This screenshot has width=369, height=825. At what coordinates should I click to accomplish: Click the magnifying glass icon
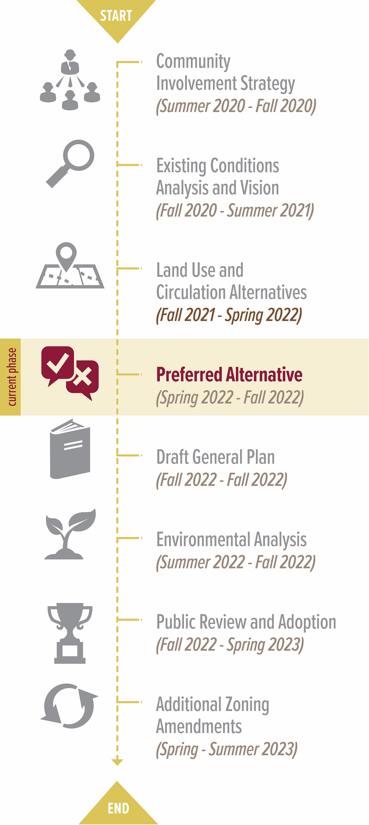(70, 163)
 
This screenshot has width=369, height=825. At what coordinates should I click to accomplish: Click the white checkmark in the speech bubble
(58, 363)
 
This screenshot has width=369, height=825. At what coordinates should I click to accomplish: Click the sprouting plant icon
(70, 534)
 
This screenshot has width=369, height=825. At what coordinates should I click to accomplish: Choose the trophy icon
(70, 633)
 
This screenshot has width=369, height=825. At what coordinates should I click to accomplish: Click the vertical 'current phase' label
(12, 377)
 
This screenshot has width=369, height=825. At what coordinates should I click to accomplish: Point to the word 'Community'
(193, 61)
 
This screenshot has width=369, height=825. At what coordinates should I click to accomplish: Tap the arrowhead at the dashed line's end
(117, 762)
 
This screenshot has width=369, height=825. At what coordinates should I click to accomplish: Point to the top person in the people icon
(70, 61)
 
